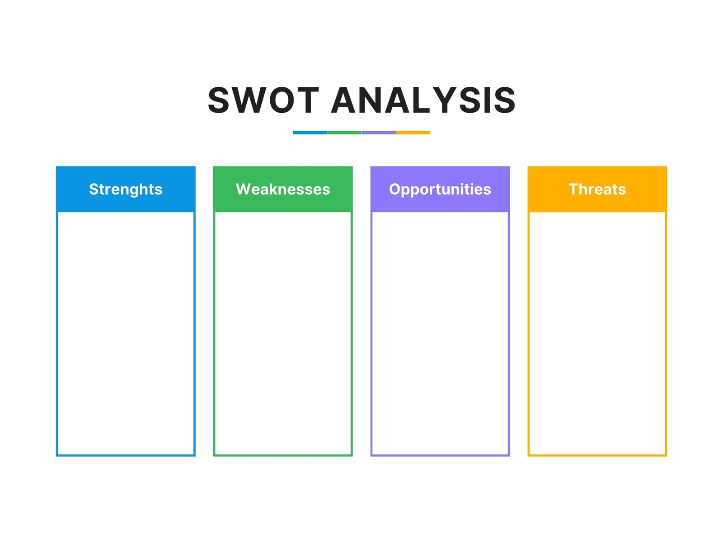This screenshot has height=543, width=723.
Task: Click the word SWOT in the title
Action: coord(263,100)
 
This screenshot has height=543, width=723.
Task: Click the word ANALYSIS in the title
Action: coord(423,100)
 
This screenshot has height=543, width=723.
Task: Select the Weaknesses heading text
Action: coord(283,189)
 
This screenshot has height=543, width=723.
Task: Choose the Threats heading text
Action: coord(597,189)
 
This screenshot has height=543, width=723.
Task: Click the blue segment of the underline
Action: coord(310,133)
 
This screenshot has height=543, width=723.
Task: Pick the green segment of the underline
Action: coord(344,133)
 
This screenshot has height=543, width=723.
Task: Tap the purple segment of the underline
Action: coord(379,133)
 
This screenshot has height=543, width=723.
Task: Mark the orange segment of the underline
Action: coord(413,133)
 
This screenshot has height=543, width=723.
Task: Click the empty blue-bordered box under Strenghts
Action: coord(126,334)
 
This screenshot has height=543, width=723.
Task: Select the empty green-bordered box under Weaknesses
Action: coord(283,334)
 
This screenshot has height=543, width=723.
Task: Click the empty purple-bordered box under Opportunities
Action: coord(440,334)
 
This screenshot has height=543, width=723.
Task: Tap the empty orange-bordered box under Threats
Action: coord(597,334)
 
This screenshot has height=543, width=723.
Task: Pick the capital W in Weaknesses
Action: coord(244,189)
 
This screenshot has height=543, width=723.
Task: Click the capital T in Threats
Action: coord(574,189)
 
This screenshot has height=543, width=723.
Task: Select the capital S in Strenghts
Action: coord(94,189)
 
